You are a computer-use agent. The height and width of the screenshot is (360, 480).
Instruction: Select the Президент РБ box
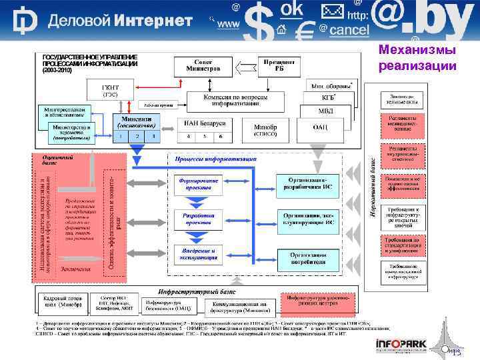[279, 65]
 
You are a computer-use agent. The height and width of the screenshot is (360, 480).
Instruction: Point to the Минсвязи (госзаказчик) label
[137, 120]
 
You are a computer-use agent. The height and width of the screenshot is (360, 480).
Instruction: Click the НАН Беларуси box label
[205, 124]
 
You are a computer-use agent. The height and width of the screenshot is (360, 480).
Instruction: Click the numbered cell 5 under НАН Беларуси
[205, 136]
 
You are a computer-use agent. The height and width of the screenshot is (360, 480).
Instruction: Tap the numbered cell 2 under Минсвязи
[137, 135]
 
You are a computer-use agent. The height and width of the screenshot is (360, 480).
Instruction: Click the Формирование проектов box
[198, 183]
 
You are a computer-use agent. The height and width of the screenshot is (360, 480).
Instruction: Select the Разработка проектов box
[198, 219]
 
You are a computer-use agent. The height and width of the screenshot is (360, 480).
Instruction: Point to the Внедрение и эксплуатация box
[198, 253]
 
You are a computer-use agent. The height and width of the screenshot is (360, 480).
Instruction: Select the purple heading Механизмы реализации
[417, 57]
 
